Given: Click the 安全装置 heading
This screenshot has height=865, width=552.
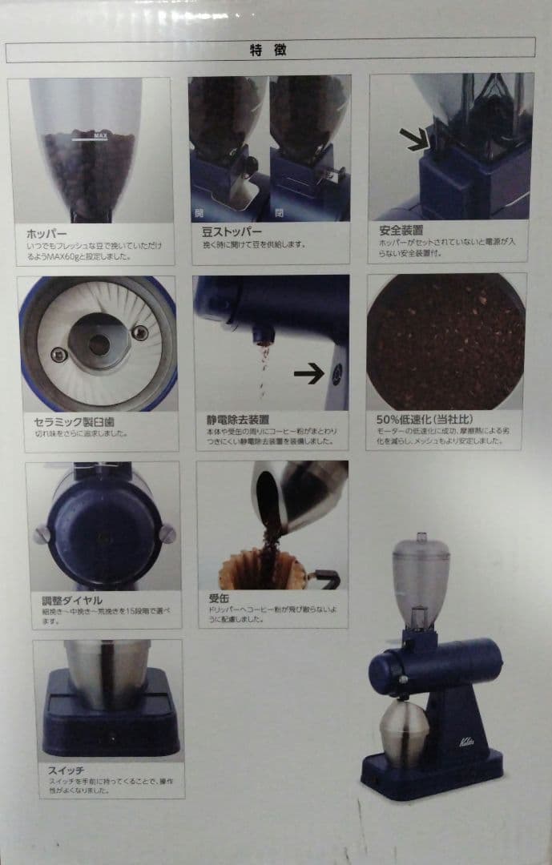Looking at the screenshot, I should [401, 230].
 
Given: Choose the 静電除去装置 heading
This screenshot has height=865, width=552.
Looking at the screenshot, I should [237, 419].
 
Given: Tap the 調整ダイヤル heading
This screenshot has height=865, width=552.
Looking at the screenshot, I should [71, 600].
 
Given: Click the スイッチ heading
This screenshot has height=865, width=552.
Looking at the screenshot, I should [66, 770].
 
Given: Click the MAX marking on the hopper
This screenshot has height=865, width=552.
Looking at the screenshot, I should [100, 136].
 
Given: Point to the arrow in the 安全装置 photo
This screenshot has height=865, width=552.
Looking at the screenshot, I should [414, 139].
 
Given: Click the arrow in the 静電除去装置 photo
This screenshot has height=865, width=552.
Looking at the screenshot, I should [308, 372].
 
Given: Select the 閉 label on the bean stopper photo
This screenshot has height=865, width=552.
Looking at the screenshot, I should [279, 212].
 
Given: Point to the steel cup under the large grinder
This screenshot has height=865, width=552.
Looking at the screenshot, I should [404, 730].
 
